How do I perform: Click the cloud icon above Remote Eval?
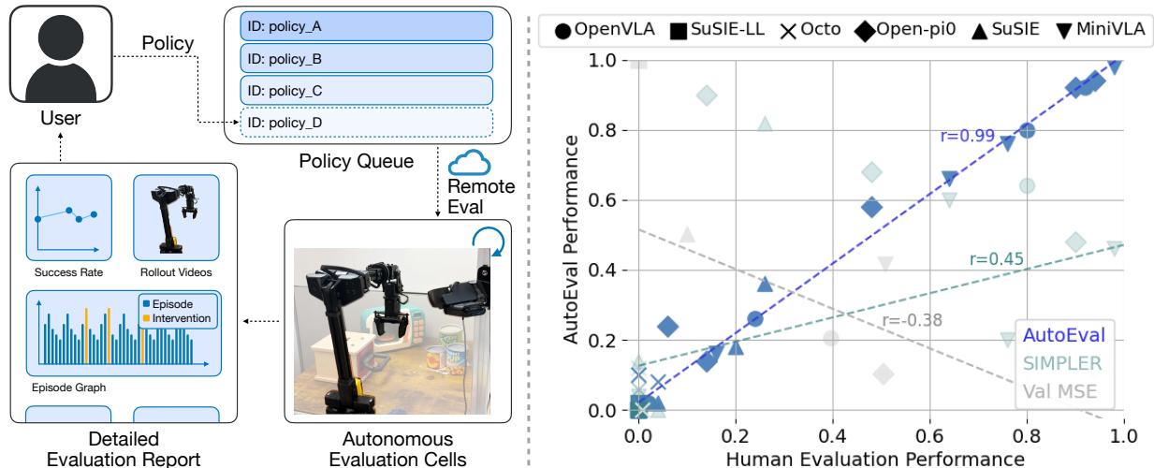(x=467, y=164)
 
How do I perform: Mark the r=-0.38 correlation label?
(x=912, y=321)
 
